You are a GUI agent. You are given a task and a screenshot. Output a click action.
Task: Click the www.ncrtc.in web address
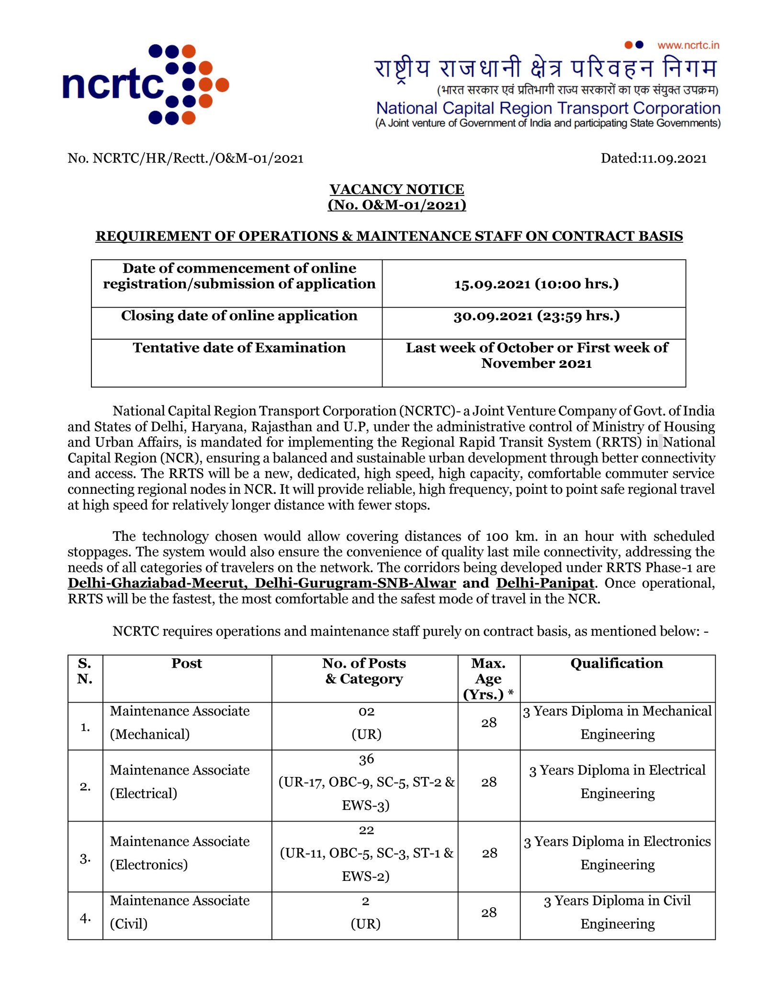pyautogui.click(x=688, y=46)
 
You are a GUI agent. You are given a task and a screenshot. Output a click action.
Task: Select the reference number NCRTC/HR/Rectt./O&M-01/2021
pyautogui.click(x=198, y=159)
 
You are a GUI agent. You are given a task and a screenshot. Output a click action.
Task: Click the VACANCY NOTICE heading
pyautogui.click(x=396, y=189)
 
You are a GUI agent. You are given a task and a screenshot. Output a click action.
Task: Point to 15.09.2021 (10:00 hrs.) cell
pyautogui.click(x=536, y=284)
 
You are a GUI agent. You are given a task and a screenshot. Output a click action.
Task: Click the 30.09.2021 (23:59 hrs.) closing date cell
pyautogui.click(x=536, y=316)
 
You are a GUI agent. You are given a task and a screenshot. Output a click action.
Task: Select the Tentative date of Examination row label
pyautogui.click(x=239, y=348)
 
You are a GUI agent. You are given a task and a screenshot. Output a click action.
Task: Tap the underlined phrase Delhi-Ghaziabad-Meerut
pyautogui.click(x=157, y=583)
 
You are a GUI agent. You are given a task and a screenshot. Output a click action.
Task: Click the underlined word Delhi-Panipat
pyautogui.click(x=545, y=583)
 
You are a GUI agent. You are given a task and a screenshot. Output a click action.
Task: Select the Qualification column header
pyautogui.click(x=617, y=663)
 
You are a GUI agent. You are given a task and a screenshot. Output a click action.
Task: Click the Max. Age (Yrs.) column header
pyautogui.click(x=488, y=679)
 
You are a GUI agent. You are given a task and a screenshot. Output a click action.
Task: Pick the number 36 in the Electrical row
pyautogui.click(x=366, y=759)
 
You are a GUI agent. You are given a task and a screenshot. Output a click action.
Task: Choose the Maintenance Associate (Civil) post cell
pyautogui.click(x=180, y=912)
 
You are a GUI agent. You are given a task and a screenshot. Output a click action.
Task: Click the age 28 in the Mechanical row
pyautogui.click(x=489, y=723)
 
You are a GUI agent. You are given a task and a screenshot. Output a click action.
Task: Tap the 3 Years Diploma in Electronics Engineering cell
pyautogui.click(x=617, y=853)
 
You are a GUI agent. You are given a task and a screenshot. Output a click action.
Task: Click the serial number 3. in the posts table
pyautogui.click(x=85, y=859)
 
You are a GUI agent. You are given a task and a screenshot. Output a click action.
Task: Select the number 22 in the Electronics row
pyautogui.click(x=366, y=830)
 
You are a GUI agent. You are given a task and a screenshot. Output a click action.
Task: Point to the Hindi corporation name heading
pyautogui.click(x=545, y=68)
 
